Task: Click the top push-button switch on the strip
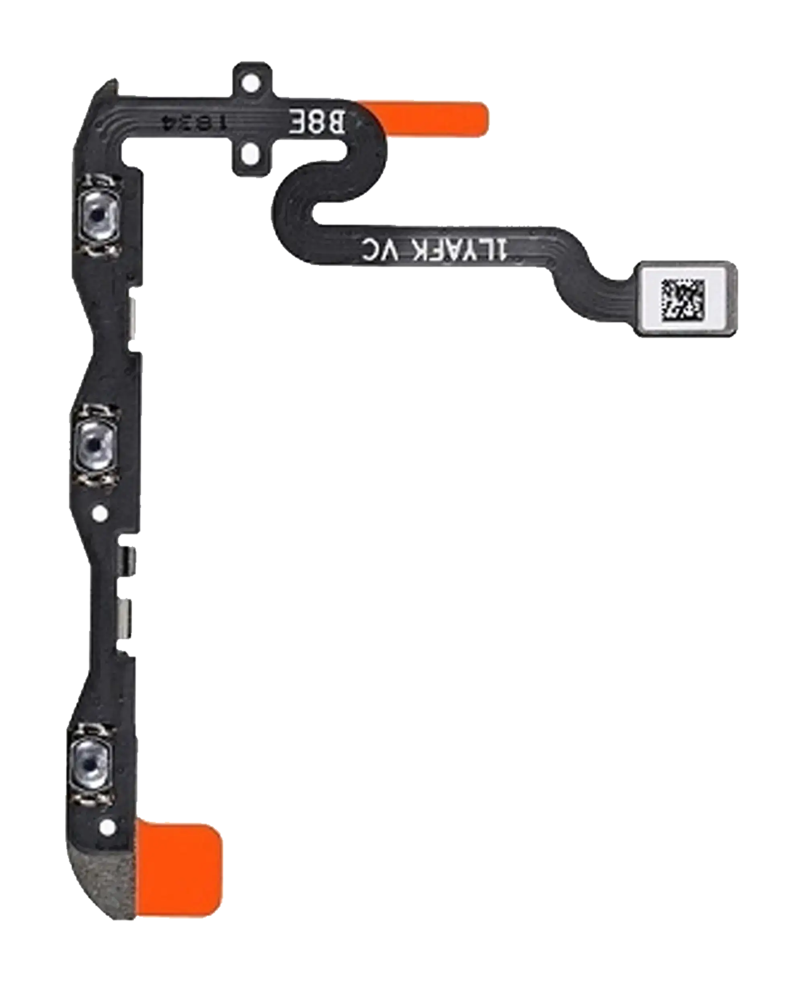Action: click(x=99, y=215)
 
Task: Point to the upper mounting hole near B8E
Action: click(x=252, y=84)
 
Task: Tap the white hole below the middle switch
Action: click(x=100, y=514)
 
